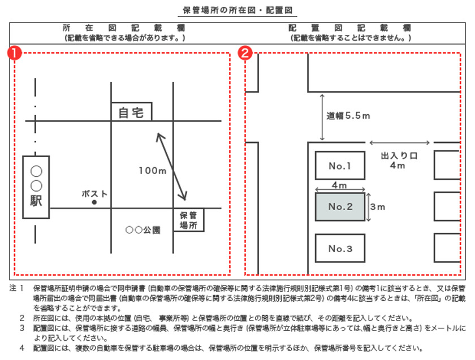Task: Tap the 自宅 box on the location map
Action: [x=131, y=112]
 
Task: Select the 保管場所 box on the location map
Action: [x=187, y=220]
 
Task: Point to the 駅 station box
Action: [x=36, y=186]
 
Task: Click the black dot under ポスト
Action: [x=94, y=202]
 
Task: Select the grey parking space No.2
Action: [x=340, y=207]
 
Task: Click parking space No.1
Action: [x=340, y=166]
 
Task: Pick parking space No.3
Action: [x=340, y=249]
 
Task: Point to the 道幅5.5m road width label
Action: [x=348, y=116]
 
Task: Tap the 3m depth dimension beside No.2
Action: [x=377, y=207]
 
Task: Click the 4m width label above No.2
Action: [x=339, y=185]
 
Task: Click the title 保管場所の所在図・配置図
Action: [x=237, y=10]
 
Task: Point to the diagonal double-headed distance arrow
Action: [x=172, y=167]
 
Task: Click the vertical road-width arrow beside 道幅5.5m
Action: [x=322, y=118]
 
